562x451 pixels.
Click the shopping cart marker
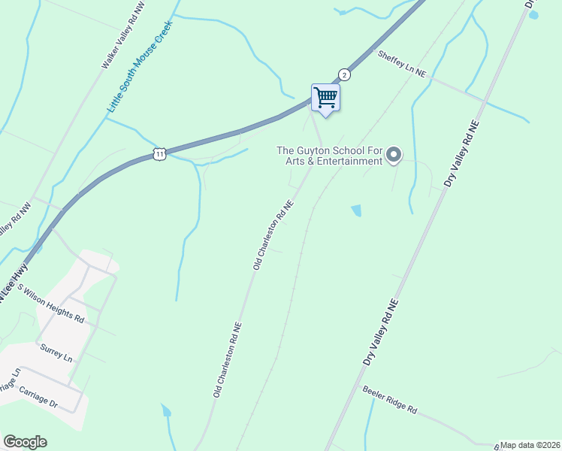(325, 97)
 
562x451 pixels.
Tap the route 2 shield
(344, 74)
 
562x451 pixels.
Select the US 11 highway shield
(159, 153)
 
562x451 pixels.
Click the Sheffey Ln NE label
(402, 64)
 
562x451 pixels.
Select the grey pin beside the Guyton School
(394, 156)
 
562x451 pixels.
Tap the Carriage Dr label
(38, 398)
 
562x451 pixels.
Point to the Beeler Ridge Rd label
(389, 400)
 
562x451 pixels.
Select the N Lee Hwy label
(14, 283)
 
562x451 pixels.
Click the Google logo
(25, 442)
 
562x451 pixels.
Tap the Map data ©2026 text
(530, 445)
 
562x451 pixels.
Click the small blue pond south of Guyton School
(356, 210)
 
